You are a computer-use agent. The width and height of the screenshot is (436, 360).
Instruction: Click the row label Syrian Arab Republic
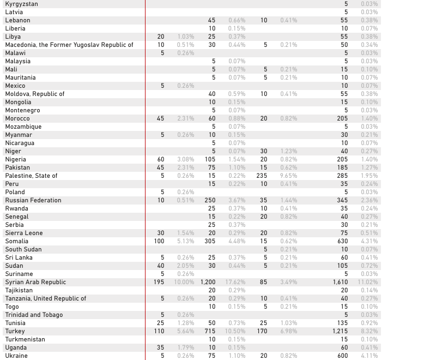click(x=35, y=282)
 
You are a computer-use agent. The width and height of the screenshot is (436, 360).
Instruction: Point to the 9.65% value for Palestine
click(x=288, y=176)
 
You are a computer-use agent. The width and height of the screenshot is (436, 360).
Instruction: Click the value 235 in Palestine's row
click(x=262, y=176)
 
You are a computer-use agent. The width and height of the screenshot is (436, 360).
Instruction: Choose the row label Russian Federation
click(x=33, y=200)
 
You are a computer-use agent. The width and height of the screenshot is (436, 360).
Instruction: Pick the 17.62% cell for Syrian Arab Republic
click(x=236, y=282)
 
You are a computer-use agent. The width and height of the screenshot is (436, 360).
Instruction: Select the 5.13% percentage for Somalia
click(x=185, y=241)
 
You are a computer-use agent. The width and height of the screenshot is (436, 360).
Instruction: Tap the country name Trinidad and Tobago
click(x=34, y=315)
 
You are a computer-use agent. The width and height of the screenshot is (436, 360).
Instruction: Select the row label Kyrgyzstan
click(x=22, y=4)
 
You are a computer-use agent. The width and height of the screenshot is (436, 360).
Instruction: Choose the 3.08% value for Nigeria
click(x=185, y=159)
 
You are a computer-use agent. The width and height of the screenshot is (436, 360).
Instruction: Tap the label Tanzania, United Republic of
click(x=46, y=298)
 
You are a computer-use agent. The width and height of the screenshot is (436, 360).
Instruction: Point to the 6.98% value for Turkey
click(x=288, y=331)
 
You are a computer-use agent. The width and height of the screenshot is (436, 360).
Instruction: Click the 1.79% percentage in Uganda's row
click(x=185, y=347)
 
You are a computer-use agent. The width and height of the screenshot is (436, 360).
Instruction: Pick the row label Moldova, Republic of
click(x=35, y=94)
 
